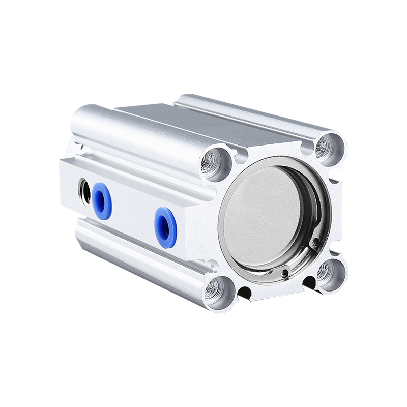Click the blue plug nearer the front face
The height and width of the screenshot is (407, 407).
tap(165, 227)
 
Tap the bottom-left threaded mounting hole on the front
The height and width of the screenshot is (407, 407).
tap(214, 290)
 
